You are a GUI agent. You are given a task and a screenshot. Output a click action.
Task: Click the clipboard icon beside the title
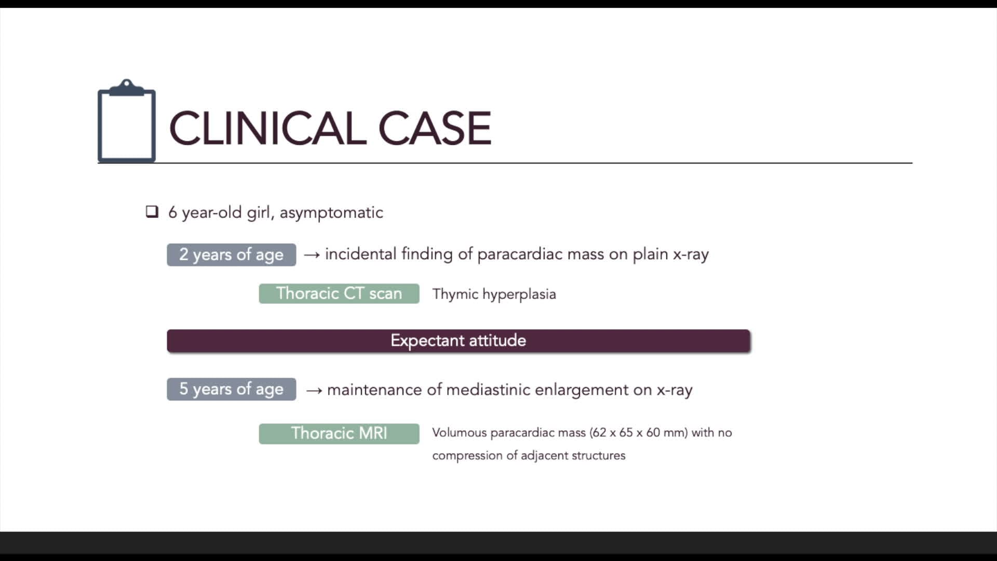pyautogui.click(x=126, y=122)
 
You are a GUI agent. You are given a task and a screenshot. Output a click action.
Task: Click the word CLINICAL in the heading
pyautogui.click(x=268, y=128)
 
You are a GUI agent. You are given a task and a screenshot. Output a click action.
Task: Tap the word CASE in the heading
pyautogui.click(x=434, y=128)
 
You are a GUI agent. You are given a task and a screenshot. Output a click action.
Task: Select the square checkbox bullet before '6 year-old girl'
pyautogui.click(x=152, y=211)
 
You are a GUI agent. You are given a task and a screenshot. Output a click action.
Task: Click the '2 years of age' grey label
pyautogui.click(x=231, y=255)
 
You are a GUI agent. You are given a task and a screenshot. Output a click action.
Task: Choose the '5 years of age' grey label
pyautogui.click(x=231, y=389)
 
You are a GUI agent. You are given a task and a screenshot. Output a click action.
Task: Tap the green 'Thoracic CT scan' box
pyautogui.click(x=339, y=293)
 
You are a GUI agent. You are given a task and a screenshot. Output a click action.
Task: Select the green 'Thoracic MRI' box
pyautogui.click(x=339, y=433)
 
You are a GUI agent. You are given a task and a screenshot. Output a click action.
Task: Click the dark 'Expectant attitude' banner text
pyautogui.click(x=458, y=340)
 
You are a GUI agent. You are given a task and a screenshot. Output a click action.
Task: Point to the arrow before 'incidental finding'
pyautogui.click(x=312, y=255)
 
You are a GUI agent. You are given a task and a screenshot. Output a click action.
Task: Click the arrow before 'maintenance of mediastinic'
pyautogui.click(x=314, y=390)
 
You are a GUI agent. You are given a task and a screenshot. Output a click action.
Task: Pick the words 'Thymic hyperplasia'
pyautogui.click(x=494, y=294)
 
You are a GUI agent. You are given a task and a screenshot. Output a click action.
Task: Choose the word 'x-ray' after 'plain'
pyautogui.click(x=691, y=254)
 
